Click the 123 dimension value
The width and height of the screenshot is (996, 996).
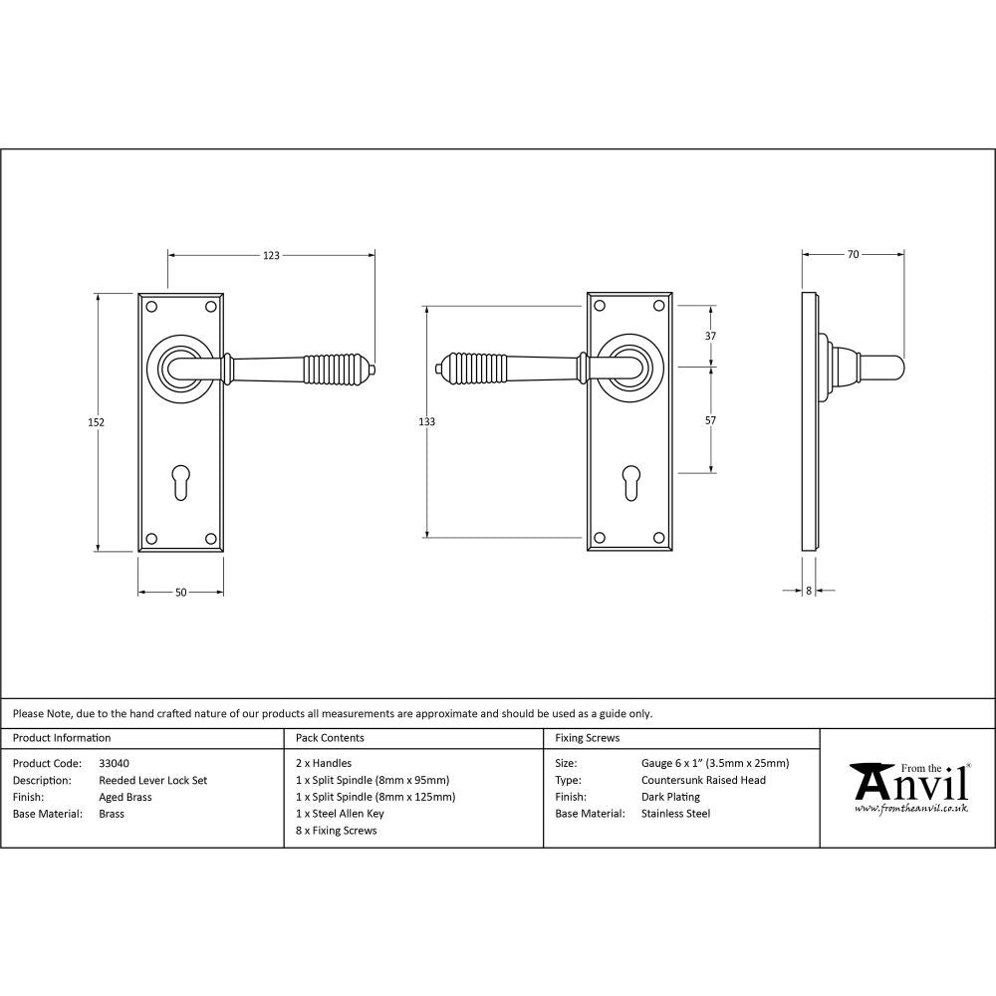(271, 256)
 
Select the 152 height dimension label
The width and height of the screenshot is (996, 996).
(97, 422)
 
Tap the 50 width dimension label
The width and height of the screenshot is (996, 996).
(180, 593)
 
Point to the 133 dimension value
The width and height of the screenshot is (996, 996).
(426, 422)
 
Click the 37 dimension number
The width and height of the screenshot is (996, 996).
(710, 337)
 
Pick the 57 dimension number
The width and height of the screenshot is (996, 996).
(710, 421)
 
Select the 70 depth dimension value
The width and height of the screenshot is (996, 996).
(853, 255)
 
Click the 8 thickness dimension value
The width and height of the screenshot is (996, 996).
(809, 591)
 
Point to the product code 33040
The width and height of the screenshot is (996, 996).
(114, 764)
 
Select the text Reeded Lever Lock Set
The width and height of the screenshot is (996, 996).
(153, 781)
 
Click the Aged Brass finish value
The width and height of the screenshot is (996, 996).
(125, 797)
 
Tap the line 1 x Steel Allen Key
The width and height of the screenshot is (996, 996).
(340, 814)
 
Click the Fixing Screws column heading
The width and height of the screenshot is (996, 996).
(587, 738)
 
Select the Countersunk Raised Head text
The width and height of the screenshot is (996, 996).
(703, 781)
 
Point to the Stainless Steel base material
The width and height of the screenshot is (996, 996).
(675, 814)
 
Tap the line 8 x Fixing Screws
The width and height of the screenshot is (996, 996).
(337, 831)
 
